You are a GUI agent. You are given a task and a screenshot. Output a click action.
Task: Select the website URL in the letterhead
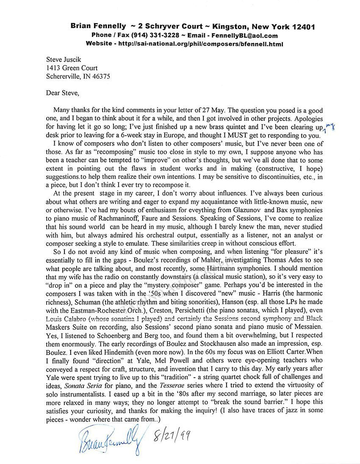[x=202, y=44]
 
